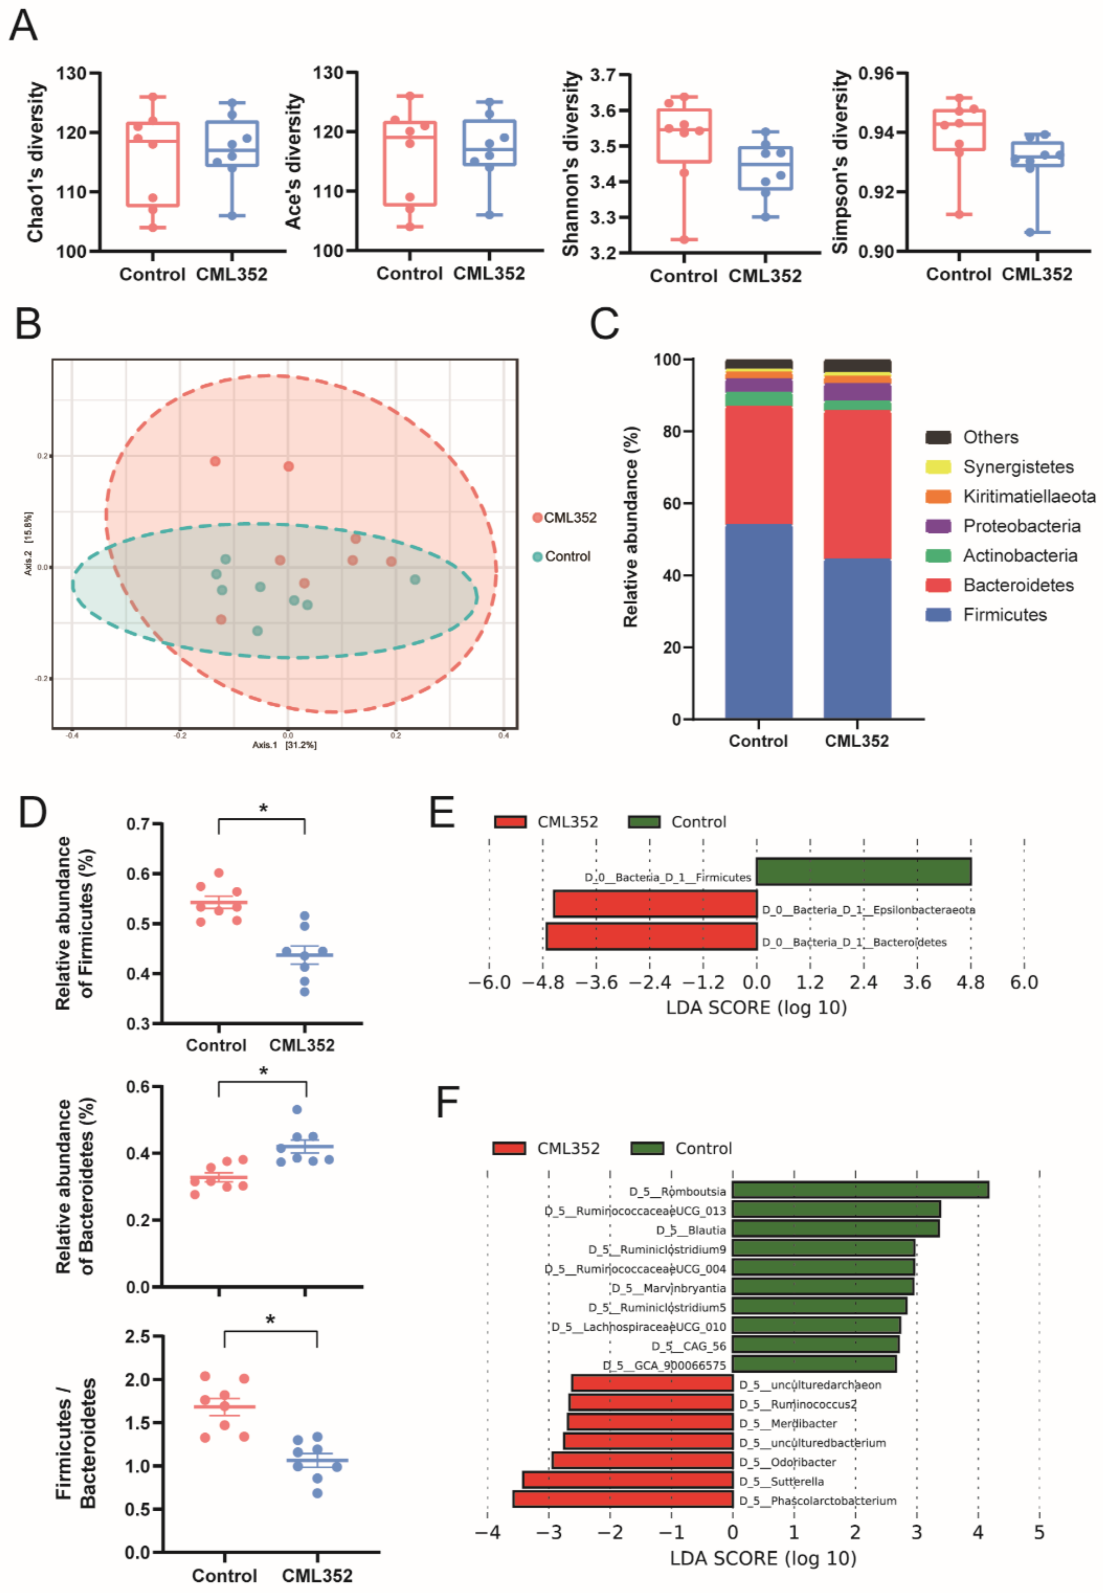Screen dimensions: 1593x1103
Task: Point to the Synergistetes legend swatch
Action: (x=938, y=467)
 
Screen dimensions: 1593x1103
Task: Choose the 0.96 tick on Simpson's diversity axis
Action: (x=876, y=73)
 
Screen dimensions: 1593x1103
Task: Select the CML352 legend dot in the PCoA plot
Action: (x=537, y=518)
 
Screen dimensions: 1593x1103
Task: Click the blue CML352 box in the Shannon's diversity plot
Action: (x=765, y=168)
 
